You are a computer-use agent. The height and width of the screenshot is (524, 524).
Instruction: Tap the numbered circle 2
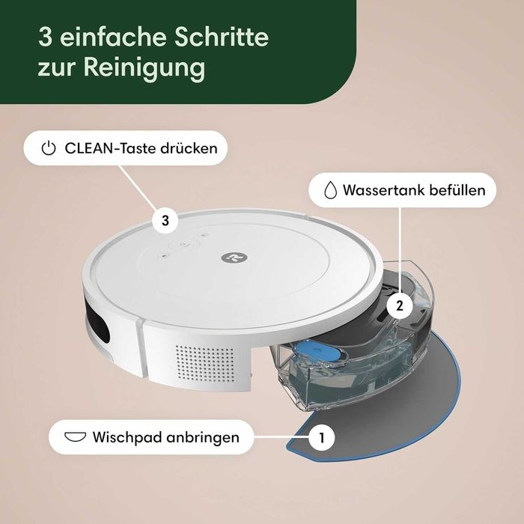[x=400, y=305]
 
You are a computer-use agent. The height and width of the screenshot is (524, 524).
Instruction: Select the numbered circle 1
[x=323, y=436]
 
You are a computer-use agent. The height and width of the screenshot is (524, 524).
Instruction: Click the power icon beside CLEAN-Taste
[x=49, y=148]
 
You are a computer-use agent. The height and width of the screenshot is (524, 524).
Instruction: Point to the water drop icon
[x=330, y=190]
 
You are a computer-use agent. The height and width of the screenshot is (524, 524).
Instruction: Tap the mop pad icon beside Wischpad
[x=76, y=436]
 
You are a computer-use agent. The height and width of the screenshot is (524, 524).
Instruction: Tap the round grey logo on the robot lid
[x=229, y=256]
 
